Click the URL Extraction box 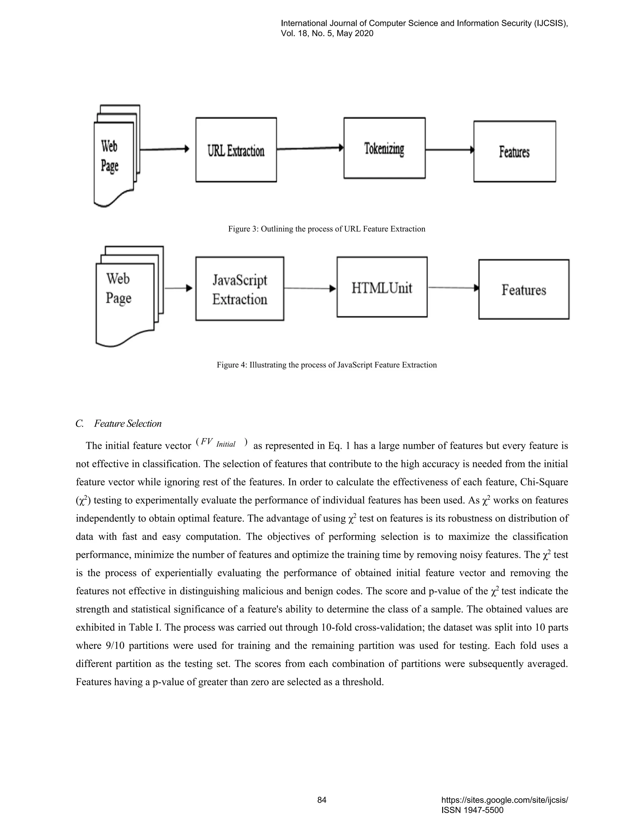pos(236,150)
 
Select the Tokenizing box pos(384,148)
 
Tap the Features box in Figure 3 pos(514,152)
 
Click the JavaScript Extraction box pos(240,289)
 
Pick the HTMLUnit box pos(382,287)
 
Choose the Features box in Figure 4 pos(524,290)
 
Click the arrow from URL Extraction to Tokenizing pos(310,148)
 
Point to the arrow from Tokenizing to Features pos(449,150)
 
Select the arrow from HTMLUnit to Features pos(453,288)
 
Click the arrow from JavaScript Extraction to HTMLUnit pos(310,288)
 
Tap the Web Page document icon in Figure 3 pos(114,156)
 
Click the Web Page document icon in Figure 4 pos(126,296)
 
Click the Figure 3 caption pos(327,229)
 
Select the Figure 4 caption pos(327,365)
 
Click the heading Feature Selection pos(127,424)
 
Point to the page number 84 pos(322,800)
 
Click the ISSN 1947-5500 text pos(472,810)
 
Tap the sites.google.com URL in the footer pos(504,800)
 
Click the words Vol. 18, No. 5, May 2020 pos(327,34)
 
